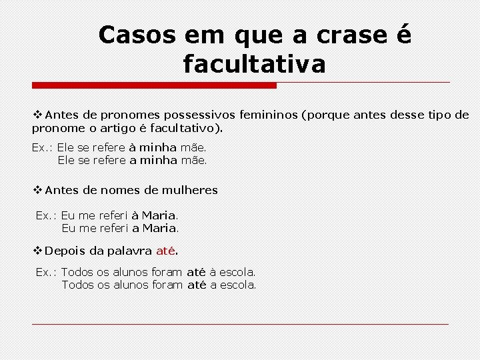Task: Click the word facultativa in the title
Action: (254, 65)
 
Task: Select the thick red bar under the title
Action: (154, 85)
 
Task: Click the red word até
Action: (165, 251)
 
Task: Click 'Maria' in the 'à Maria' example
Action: (159, 215)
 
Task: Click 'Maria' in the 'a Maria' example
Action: (159, 228)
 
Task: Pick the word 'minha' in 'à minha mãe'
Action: (158, 147)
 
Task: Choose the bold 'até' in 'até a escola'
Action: (196, 285)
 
